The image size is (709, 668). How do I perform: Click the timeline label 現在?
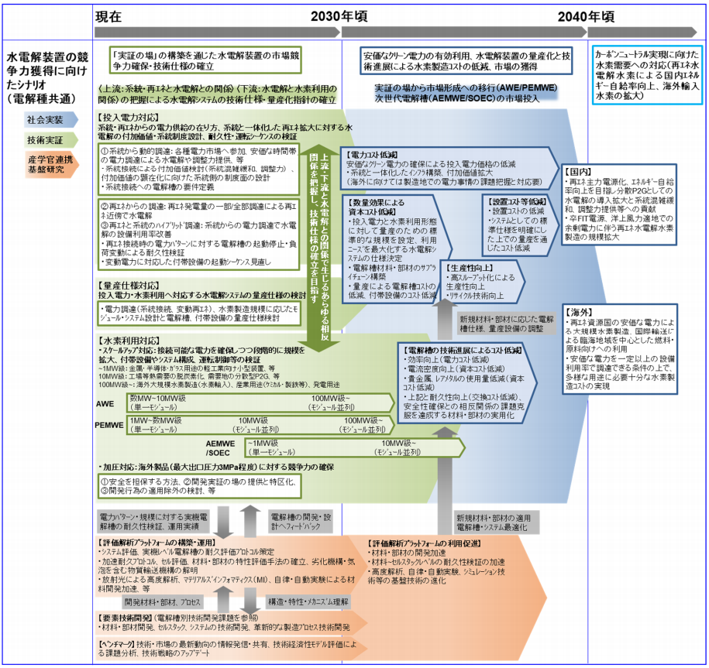coord(112,15)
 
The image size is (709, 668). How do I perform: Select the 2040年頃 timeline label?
coord(587,15)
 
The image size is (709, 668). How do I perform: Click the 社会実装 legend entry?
coord(46,120)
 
